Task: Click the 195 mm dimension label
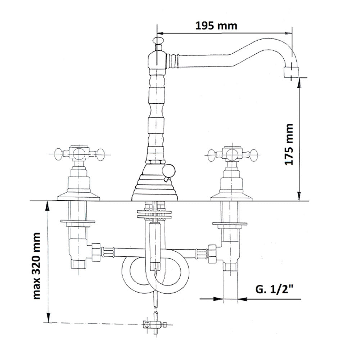(x=216, y=26)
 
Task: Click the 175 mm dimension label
(x=289, y=144)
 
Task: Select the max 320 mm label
(x=36, y=266)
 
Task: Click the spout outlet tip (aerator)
(x=292, y=72)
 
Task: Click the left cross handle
(x=79, y=154)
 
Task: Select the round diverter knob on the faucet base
(x=169, y=171)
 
